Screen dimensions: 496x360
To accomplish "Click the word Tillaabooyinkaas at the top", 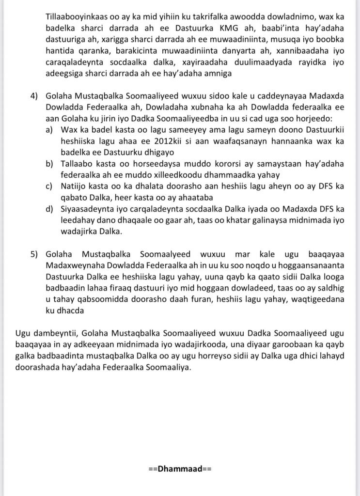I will [64, 15].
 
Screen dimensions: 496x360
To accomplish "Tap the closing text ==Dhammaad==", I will [180, 469].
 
